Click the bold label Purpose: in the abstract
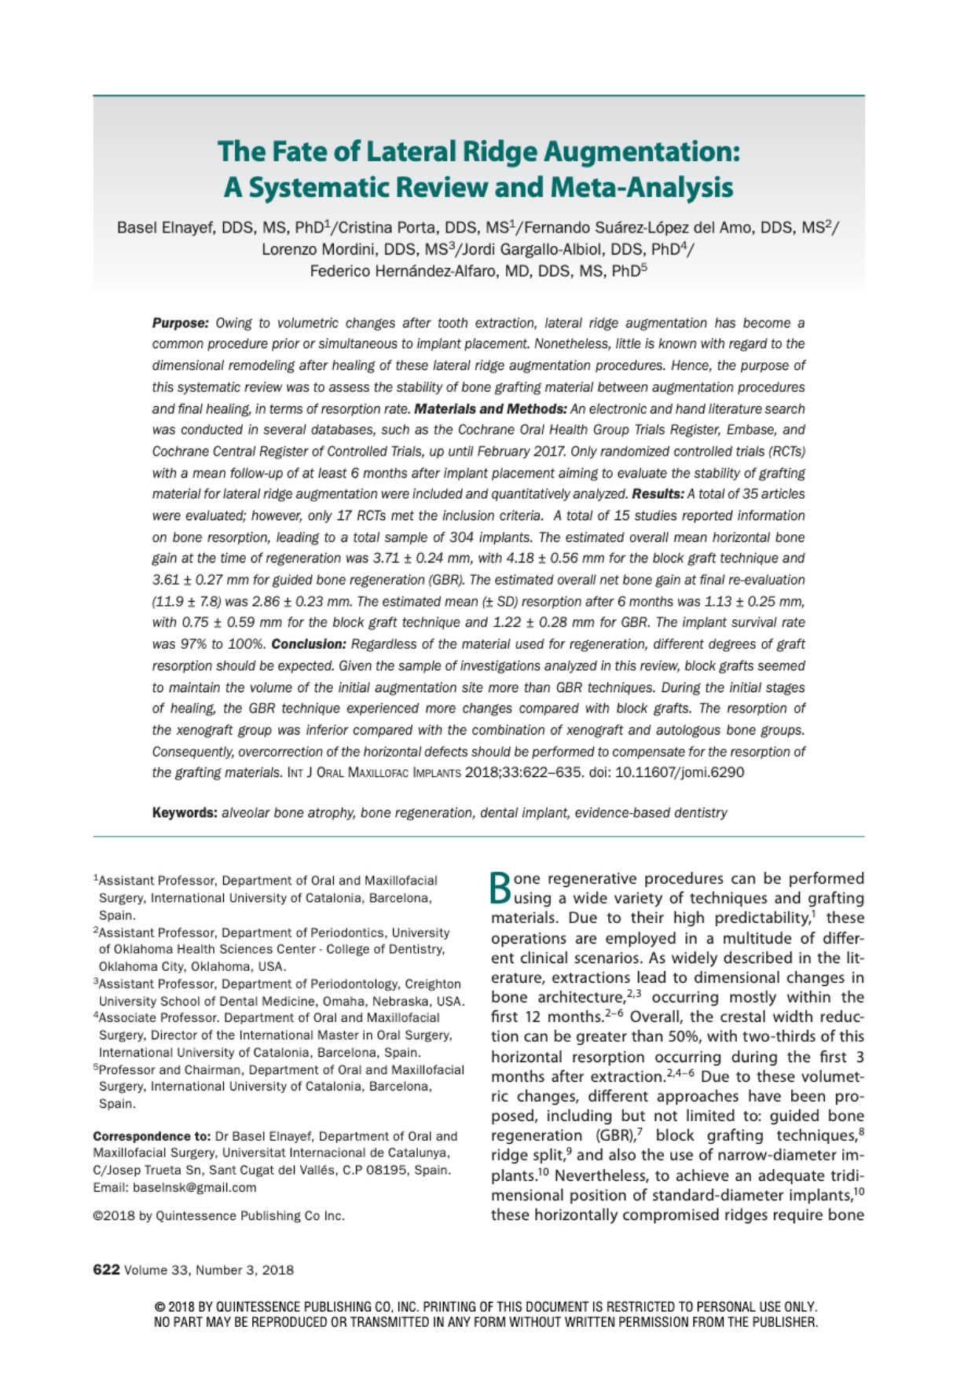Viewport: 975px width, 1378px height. click(180, 323)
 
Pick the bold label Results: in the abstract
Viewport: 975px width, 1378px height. click(658, 494)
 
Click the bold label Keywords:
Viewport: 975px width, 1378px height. click(185, 813)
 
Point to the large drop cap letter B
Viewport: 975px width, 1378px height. click(501, 888)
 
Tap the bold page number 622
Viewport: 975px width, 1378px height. click(106, 1270)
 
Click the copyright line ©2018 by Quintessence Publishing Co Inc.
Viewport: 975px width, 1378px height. click(218, 1216)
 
